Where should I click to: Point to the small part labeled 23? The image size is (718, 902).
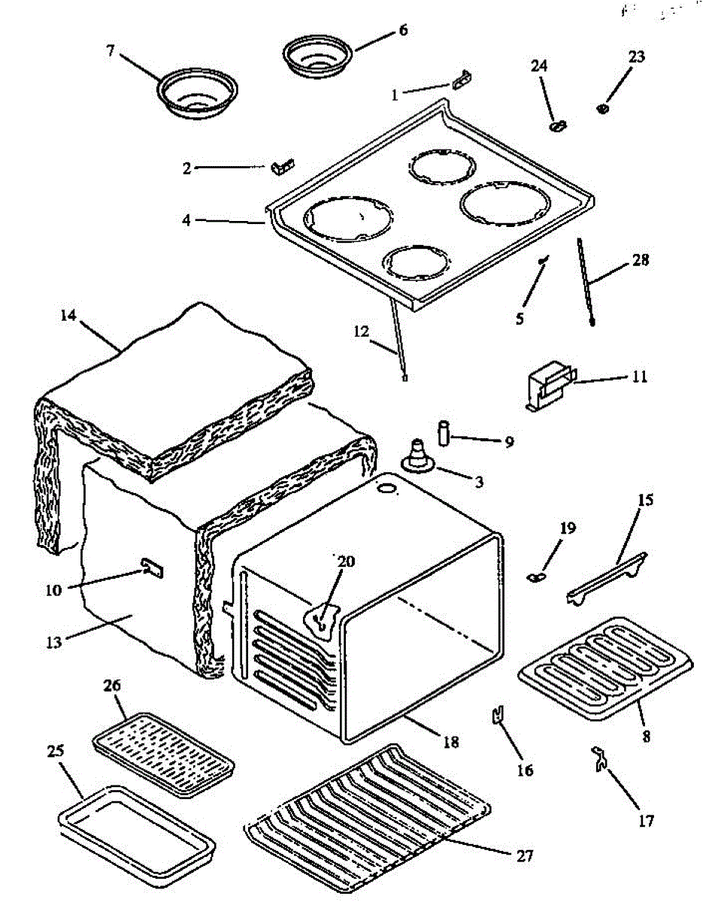click(602, 110)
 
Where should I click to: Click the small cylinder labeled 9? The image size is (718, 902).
click(444, 434)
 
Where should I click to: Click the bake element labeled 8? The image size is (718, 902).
click(591, 666)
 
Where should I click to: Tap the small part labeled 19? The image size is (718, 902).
click(535, 577)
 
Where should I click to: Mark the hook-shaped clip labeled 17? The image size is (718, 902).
click(600, 759)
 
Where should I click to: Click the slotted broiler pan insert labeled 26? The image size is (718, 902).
click(162, 755)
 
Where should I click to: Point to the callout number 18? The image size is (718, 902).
click(450, 742)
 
